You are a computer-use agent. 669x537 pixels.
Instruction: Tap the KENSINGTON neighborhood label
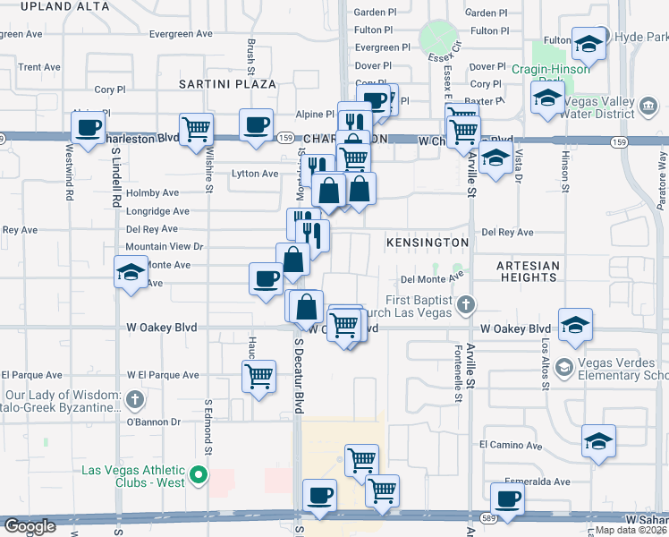(x=428, y=243)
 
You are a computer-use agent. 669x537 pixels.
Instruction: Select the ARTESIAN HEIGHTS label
(x=529, y=271)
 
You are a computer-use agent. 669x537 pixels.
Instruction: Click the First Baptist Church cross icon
(x=465, y=306)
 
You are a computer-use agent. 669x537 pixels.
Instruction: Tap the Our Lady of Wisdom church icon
(x=134, y=397)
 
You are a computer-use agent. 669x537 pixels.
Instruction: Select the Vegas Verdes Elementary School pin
(x=563, y=367)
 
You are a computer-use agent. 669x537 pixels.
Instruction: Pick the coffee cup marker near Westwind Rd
(x=89, y=127)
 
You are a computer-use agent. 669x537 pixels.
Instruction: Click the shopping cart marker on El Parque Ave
(x=258, y=375)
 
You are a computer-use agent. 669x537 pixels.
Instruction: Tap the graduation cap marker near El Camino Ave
(x=598, y=440)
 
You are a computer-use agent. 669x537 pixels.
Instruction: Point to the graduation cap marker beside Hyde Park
(x=588, y=43)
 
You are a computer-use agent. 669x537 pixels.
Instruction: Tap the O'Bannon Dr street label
(x=153, y=422)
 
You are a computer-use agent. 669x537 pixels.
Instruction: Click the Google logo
(x=30, y=526)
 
